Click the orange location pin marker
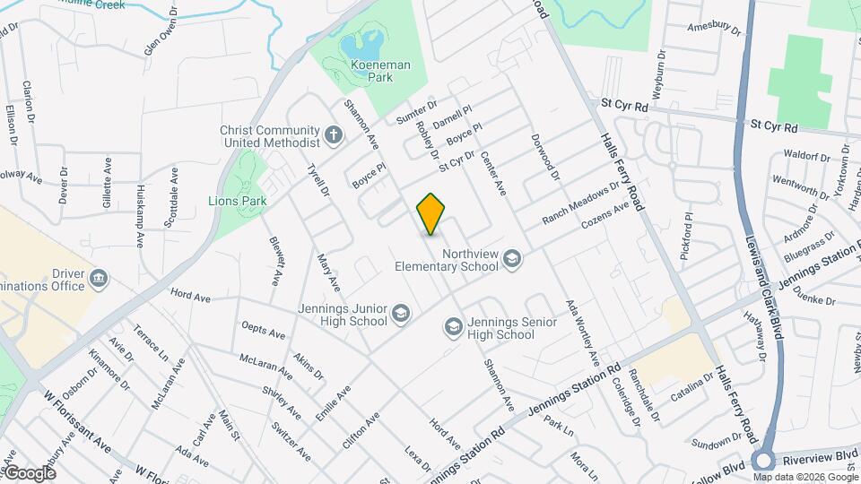point(431,213)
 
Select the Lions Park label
point(238,202)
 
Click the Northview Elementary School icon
point(512,260)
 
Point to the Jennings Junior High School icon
point(400,315)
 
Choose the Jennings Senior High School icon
point(454,328)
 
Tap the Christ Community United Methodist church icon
point(334,136)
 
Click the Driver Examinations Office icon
point(99,279)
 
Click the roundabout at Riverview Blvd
point(763,461)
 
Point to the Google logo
point(30,473)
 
